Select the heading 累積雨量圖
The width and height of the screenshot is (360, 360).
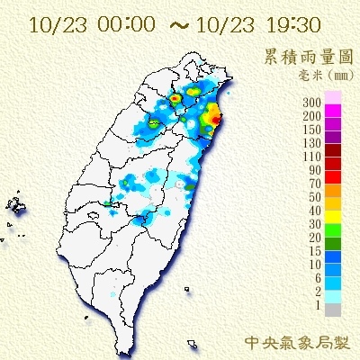(x=309, y=56)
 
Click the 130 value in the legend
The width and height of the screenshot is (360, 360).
(x=313, y=143)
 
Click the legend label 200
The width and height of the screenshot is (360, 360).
(x=313, y=116)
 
